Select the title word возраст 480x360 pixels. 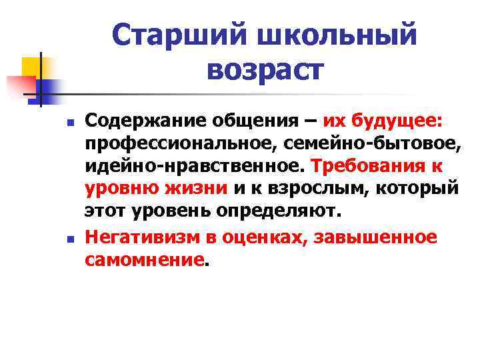(265, 69)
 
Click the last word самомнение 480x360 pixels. (143, 259)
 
